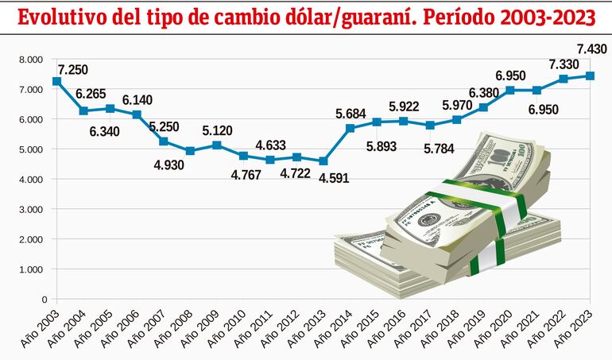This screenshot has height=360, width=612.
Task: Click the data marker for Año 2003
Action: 56,81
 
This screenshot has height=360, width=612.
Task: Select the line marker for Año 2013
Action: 323,161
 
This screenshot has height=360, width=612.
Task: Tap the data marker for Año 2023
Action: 589,76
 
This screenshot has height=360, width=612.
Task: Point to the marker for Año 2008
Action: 190,151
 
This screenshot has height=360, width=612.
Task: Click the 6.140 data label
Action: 138,99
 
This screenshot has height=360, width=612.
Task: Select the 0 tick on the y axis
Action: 43,300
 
